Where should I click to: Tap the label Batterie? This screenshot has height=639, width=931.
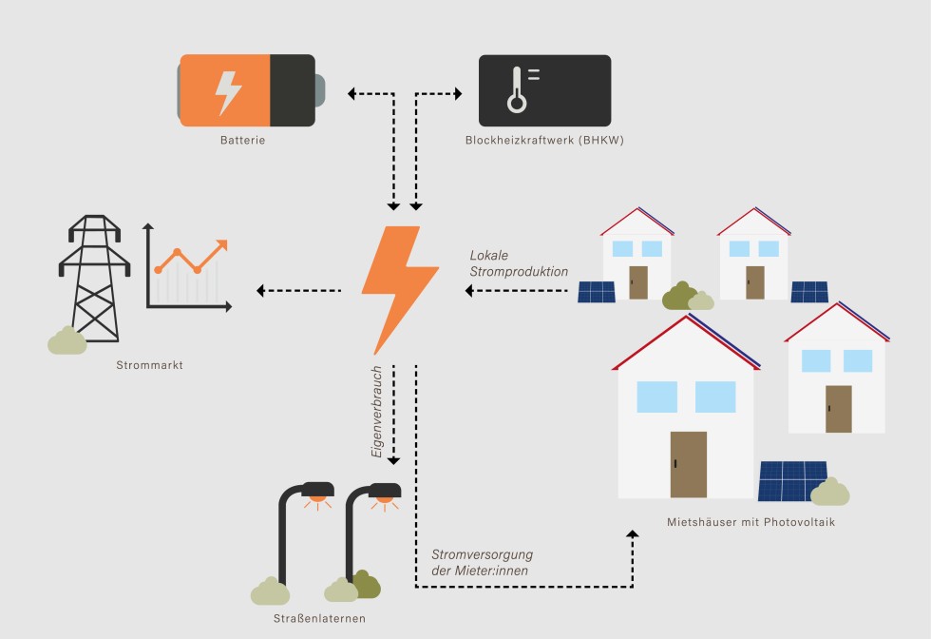[242, 141]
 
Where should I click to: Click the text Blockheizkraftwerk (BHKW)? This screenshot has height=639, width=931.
[544, 141]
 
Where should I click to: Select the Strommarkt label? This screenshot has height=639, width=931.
[149, 365]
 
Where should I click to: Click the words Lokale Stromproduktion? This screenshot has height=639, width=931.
[518, 263]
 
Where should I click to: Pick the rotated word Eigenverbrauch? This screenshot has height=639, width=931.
[377, 410]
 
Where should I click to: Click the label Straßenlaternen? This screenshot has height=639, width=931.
[318, 619]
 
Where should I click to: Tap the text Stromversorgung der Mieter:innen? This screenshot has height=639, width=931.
[482, 561]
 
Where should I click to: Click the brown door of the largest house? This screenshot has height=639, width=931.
[689, 464]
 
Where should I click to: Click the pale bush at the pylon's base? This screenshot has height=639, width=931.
[66, 340]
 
